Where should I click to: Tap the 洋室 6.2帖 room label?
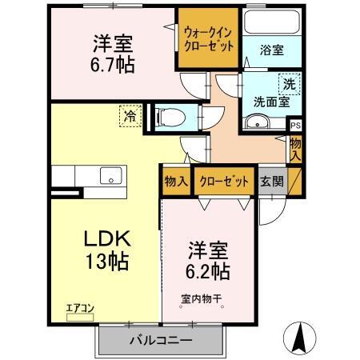(209, 260)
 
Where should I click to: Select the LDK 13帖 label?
(109, 249)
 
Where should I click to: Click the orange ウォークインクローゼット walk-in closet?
(208, 39)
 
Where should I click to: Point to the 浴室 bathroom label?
(271, 50)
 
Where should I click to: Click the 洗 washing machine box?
(288, 82)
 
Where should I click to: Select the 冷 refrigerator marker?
(130, 116)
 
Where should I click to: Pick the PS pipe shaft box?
(295, 126)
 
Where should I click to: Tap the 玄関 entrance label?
(270, 180)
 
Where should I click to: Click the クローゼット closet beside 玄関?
(223, 180)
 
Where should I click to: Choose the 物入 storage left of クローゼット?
(176, 180)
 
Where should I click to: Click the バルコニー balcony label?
(161, 340)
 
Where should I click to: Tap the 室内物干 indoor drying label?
(201, 301)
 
